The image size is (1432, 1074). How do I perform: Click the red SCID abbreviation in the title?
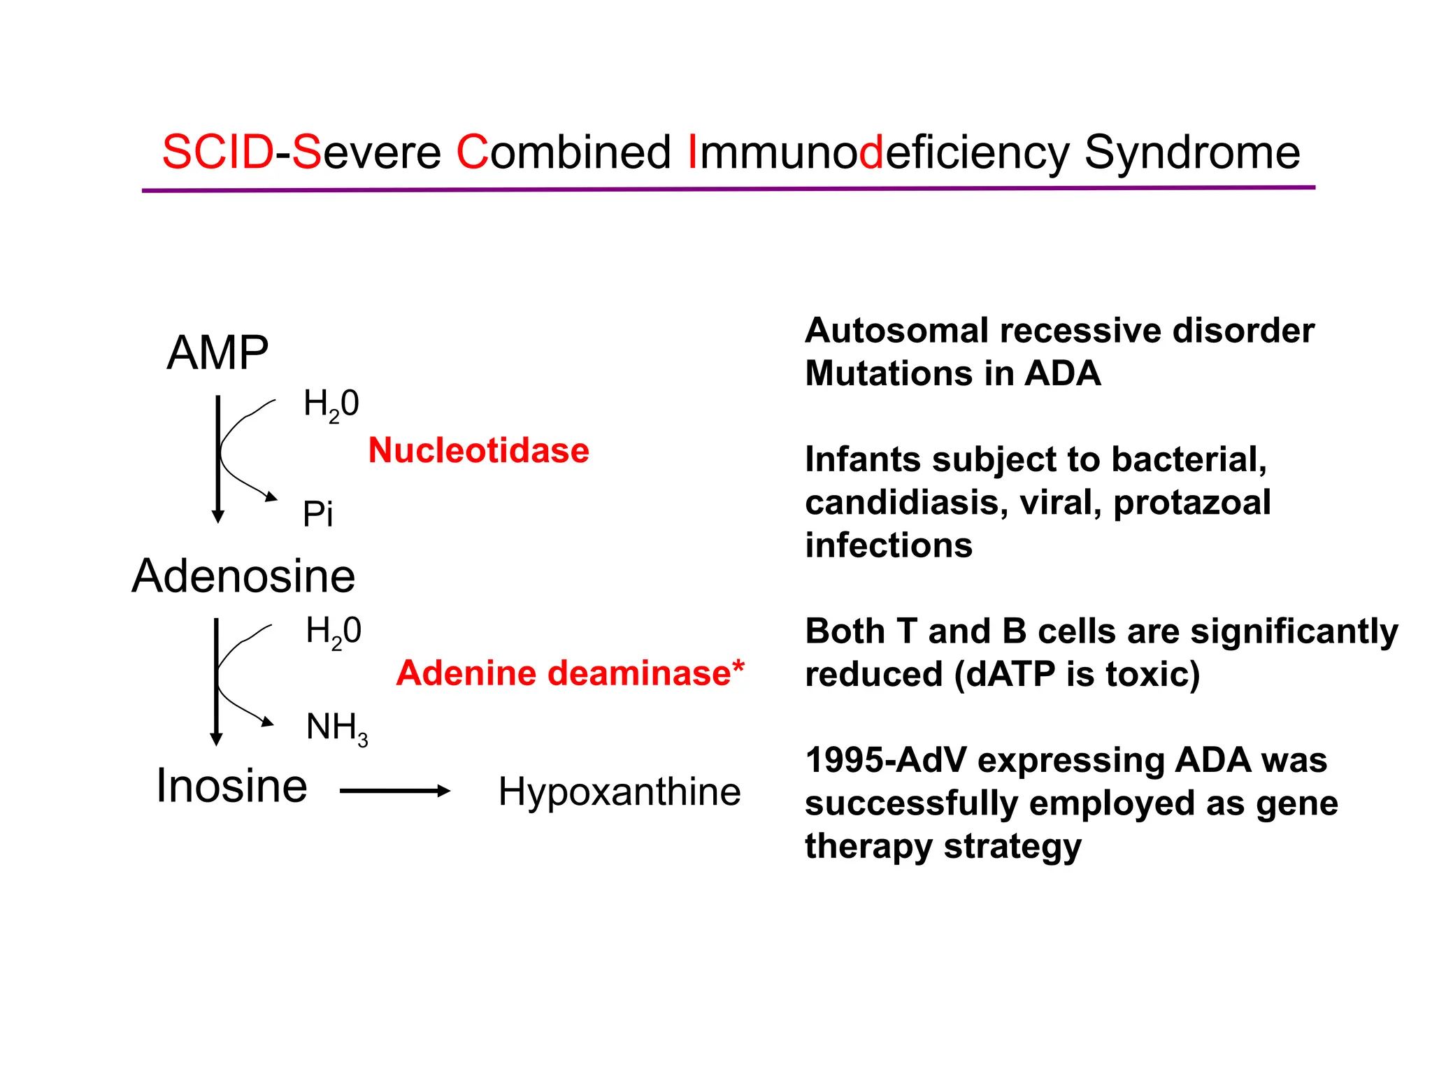tap(217, 152)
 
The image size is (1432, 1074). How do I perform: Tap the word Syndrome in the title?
tap(1191, 152)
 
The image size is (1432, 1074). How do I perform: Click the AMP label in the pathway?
tap(217, 352)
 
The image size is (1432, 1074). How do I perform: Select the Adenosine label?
tap(243, 576)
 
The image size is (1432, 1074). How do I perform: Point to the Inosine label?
tap(231, 786)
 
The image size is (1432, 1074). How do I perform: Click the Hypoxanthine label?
tap(619, 792)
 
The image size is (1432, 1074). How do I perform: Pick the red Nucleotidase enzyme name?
tap(478, 450)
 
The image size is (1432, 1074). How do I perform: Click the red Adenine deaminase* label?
tap(570, 673)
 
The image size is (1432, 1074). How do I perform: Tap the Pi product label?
tap(317, 515)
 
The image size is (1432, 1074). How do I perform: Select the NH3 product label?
tap(336, 729)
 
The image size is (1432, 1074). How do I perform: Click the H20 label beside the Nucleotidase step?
tap(331, 404)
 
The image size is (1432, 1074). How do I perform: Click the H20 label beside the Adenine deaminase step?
tap(333, 631)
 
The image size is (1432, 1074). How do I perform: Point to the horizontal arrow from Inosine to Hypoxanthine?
tap(395, 791)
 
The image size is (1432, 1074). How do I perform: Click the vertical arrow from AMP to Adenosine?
tap(217, 458)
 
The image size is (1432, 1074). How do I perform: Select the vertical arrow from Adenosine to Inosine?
tap(216, 682)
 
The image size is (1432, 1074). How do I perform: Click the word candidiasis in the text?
tap(901, 503)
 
